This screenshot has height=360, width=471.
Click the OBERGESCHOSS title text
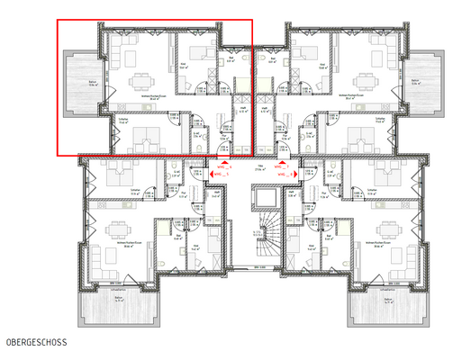[x=36, y=343]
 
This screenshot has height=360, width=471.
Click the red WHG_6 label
[x=223, y=166]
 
